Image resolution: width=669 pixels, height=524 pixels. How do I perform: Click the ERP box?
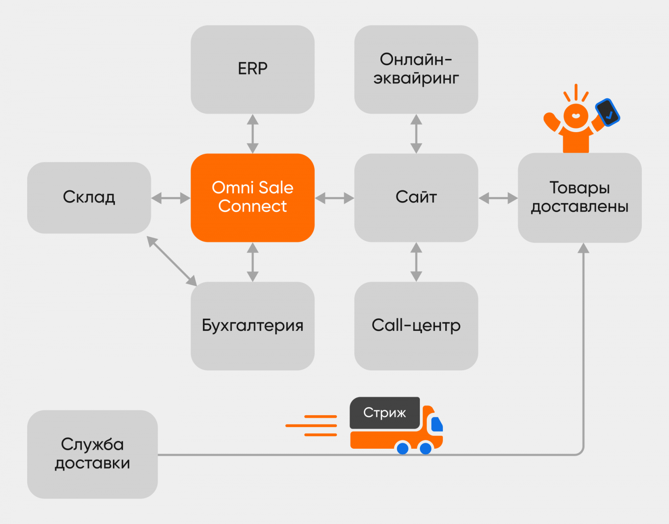[253, 69]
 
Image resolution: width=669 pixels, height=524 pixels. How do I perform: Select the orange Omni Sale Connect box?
[253, 197]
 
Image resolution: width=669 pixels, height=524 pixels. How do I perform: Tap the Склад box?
[89, 197]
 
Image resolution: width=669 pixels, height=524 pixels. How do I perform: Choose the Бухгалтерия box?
[253, 325]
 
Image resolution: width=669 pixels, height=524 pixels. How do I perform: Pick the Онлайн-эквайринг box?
[416, 69]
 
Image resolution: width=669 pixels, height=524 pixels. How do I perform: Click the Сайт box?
[416, 197]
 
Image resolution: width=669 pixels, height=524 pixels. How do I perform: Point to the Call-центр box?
[416, 325]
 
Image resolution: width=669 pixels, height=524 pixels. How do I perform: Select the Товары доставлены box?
[580, 197]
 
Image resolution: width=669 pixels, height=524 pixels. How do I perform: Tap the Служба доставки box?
[92, 454]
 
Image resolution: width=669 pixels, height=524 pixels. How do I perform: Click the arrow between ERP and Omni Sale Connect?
[253, 134]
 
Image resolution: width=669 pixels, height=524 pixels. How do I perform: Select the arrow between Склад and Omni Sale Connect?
[171, 198]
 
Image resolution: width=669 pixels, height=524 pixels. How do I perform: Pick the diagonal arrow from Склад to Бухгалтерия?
[172, 261]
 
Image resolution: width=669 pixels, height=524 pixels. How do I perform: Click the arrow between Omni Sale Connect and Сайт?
[334, 198]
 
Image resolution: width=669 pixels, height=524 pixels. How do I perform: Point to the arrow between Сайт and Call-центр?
[416, 262]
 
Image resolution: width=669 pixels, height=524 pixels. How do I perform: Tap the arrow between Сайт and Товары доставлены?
[498, 198]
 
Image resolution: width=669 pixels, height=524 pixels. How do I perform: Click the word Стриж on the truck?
[384, 413]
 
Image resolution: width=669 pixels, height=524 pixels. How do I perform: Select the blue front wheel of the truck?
[426, 448]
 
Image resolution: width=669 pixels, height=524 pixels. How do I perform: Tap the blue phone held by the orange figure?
[608, 112]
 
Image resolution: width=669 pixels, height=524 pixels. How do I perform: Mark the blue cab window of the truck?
[437, 424]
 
